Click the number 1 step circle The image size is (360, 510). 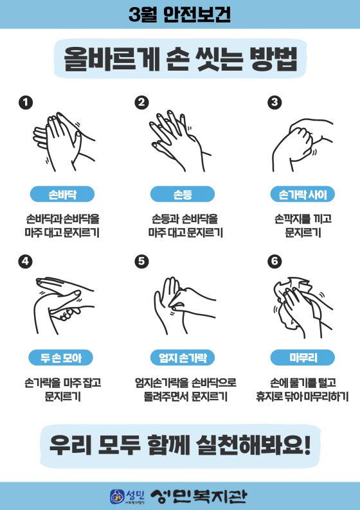26,103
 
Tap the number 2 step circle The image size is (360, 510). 141,103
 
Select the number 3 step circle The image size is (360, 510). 274,103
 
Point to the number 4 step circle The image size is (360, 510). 26,261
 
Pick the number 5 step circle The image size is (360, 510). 141,261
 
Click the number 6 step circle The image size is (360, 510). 274,261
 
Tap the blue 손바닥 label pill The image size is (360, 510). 62,195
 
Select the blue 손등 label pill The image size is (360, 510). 183,195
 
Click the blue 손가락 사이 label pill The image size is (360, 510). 303,195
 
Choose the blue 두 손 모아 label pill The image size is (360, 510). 61,358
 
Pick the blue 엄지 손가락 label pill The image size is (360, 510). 183,358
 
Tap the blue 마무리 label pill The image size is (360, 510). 303,358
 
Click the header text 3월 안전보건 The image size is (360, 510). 179,15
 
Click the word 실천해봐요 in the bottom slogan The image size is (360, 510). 253,445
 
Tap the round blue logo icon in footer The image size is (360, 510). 117,497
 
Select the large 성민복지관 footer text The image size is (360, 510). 199,497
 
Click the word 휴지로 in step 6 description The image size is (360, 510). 270,397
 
